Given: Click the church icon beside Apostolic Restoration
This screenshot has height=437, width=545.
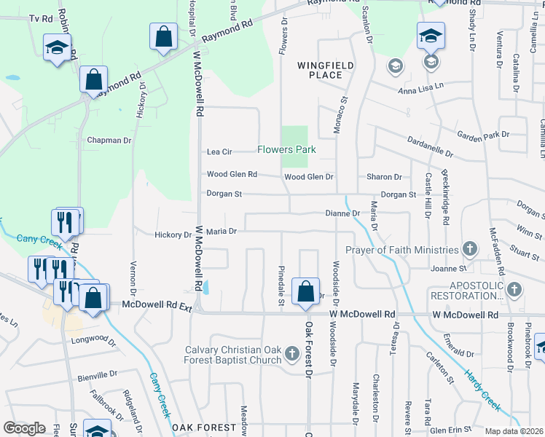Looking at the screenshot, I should [514, 288].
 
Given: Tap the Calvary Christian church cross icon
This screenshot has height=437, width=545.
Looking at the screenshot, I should [291, 354].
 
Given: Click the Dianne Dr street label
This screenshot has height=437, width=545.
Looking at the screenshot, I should [342, 213].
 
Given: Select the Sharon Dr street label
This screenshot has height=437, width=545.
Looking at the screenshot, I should [384, 177].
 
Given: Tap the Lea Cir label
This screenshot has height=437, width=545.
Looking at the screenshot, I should [219, 151].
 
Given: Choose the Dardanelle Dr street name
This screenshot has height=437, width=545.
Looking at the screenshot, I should [429, 149].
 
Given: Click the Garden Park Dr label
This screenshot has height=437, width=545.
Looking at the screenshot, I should [482, 135].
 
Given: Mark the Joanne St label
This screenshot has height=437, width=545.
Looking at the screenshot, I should [447, 269].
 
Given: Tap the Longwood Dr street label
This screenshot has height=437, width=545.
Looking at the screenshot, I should [94, 340].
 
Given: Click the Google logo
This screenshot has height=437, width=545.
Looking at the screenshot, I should [24, 428].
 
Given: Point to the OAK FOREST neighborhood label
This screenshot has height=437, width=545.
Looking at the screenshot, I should [203, 427].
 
